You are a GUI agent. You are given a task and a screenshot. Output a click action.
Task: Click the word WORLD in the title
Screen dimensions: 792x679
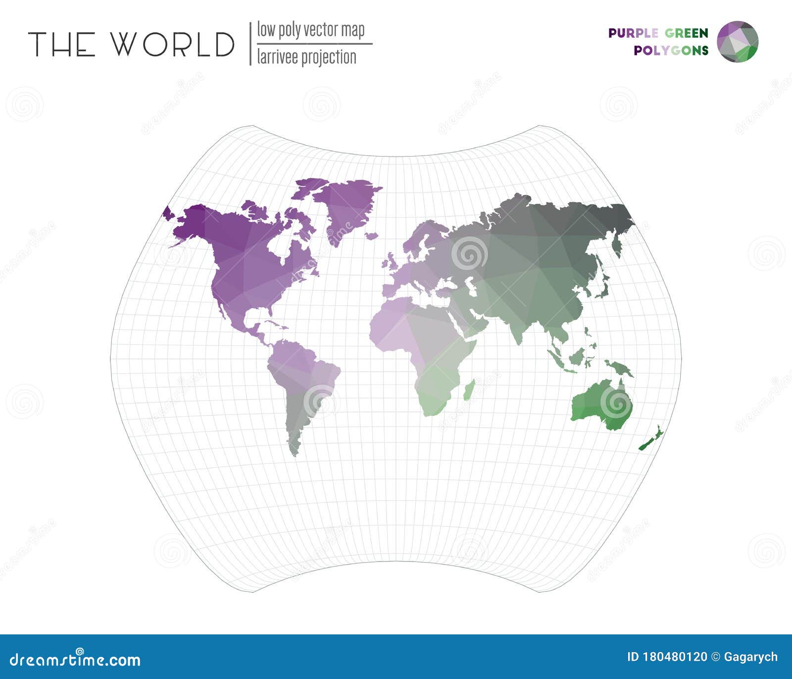tap(172, 44)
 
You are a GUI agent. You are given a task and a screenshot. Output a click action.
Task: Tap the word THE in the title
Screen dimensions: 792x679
tap(62, 44)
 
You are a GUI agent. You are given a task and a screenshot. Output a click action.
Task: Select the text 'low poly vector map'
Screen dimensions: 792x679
tap(310, 30)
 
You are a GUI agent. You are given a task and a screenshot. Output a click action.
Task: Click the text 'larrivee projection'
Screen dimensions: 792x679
tap(306, 57)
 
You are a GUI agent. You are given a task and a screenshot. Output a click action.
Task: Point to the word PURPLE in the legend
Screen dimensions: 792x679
tap(633, 33)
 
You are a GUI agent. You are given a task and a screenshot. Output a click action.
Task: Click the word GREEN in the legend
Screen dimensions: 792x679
tap(686, 33)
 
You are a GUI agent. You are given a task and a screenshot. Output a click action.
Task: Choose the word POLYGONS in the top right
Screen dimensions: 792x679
tap(671, 50)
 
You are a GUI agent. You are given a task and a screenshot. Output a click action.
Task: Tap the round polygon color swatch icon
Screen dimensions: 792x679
tap(738, 42)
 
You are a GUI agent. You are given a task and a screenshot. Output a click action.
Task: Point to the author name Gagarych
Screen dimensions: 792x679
tap(750, 657)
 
